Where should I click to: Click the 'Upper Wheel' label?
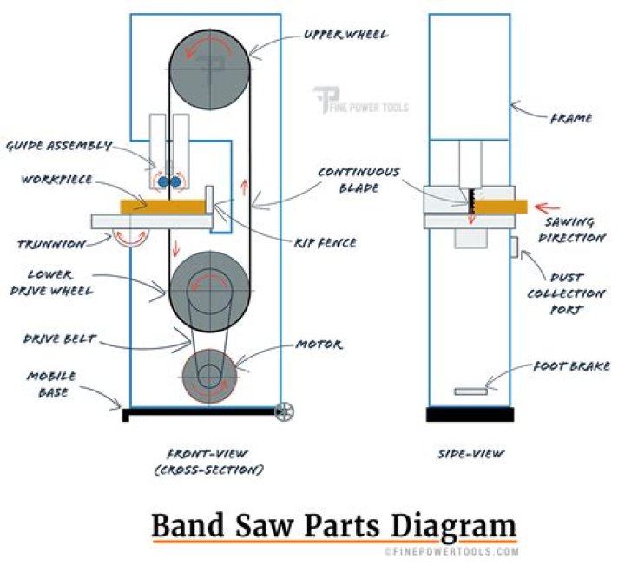(345, 35)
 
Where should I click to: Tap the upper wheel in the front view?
(208, 68)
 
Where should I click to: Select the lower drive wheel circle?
(208, 292)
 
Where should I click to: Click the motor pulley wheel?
(208, 374)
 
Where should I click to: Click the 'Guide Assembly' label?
(59, 146)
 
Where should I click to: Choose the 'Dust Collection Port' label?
(560, 293)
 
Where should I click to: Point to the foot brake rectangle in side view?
(470, 391)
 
